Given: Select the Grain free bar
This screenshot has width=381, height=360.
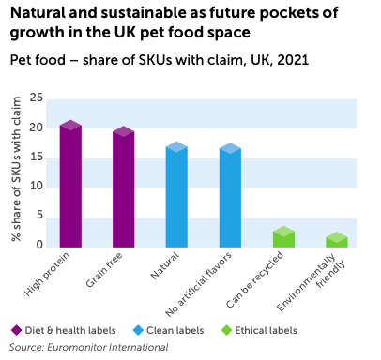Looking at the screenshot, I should click(123, 187).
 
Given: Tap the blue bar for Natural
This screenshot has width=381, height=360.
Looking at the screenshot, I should click(176, 197).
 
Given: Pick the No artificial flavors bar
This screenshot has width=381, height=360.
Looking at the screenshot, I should click(230, 198).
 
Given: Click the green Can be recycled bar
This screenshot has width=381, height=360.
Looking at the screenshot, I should click(283, 238).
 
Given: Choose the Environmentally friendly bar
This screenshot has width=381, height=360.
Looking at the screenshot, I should click(337, 241).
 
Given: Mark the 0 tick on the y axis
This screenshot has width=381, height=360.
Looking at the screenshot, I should click(39, 245).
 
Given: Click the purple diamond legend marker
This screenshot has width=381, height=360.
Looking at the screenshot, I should click(16, 330).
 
